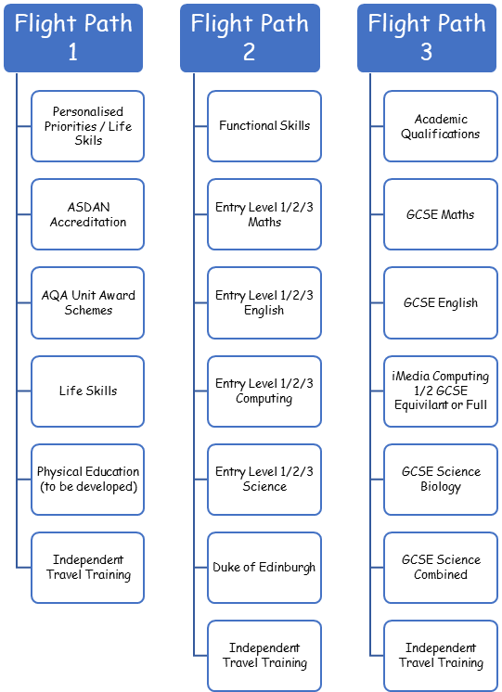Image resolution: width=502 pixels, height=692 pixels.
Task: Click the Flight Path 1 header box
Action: point(73,38)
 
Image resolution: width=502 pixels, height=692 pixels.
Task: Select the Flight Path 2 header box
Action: point(250,38)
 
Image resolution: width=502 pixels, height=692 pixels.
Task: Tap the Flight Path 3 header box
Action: point(427,38)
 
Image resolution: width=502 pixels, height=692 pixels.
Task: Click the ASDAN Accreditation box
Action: point(88,214)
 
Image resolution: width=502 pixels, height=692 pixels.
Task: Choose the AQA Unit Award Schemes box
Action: point(88,302)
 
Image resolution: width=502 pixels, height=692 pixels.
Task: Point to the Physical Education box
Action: point(88,480)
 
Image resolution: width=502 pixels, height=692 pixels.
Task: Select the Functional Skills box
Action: point(264,126)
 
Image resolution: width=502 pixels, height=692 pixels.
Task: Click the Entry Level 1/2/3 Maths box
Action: point(264,214)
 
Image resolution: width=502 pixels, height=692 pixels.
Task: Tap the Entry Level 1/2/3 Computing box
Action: point(264,391)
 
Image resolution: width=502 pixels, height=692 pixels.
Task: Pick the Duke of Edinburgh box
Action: point(264,568)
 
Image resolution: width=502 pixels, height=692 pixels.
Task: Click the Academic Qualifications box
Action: point(441,126)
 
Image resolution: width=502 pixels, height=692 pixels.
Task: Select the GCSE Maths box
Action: point(441,214)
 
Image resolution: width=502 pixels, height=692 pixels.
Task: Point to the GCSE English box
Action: point(441,302)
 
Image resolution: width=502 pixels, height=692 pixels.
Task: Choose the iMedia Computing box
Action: point(441,391)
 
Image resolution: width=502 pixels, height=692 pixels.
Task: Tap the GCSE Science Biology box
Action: point(441,480)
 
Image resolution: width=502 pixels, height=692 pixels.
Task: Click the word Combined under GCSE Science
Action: point(441,574)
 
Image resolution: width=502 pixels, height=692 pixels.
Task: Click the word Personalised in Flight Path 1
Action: point(88,111)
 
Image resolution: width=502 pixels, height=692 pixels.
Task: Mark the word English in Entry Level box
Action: point(264,310)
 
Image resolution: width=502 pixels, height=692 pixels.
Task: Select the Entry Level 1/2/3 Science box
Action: point(264,480)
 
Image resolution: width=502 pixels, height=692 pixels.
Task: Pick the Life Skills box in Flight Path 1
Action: point(88,391)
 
